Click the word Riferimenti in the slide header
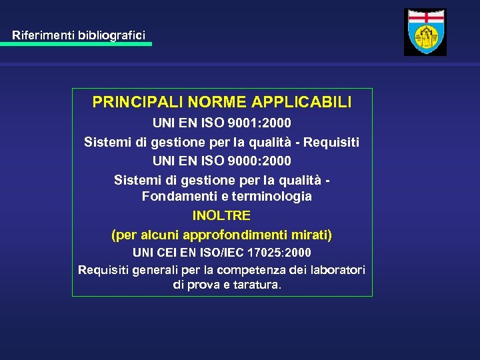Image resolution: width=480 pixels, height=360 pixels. tap(41, 33)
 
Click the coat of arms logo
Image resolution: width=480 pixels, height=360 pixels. tap(425, 32)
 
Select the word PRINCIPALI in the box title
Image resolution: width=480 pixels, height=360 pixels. tap(137, 103)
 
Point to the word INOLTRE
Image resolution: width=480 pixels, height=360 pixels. tap(221, 216)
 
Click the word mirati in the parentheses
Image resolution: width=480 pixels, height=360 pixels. tap(314, 235)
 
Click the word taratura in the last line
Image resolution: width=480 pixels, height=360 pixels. tap(257, 285)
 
